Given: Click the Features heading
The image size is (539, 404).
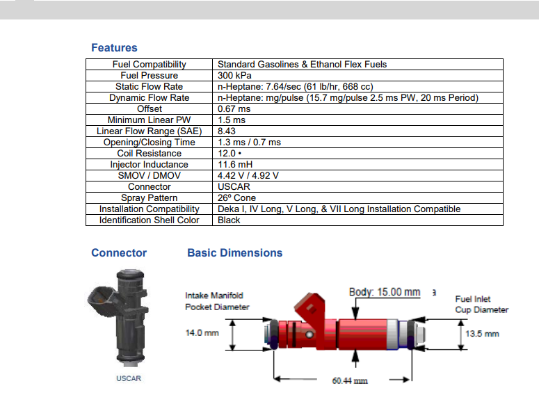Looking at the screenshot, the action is (x=114, y=48).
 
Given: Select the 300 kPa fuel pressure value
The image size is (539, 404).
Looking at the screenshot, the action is (x=234, y=76).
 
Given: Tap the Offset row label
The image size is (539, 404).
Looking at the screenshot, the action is (x=150, y=109).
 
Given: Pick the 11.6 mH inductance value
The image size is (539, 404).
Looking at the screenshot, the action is (x=235, y=164).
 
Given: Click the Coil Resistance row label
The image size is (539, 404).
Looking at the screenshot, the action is (x=150, y=154).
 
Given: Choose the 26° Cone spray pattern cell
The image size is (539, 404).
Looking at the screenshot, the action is (x=236, y=198).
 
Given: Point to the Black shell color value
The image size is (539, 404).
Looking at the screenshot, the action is (x=229, y=220).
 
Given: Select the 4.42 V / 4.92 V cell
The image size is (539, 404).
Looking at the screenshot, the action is (x=248, y=176).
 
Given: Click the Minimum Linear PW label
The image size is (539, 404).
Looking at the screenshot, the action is (x=150, y=120).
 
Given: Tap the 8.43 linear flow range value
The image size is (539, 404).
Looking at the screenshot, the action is (x=227, y=131).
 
